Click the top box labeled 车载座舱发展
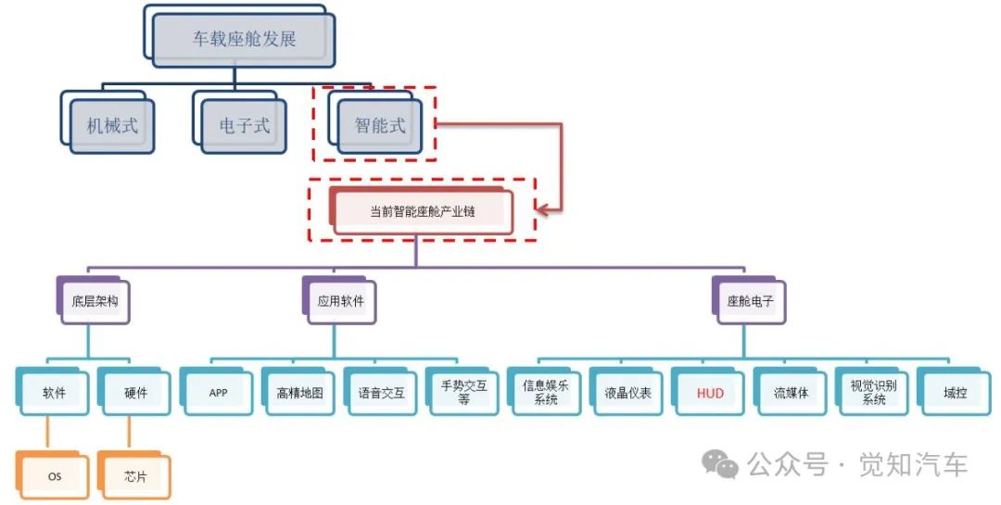(244, 40)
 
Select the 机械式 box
(112, 125)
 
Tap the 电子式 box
(245, 125)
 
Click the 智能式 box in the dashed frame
(380, 125)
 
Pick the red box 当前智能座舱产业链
(422, 211)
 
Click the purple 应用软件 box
(341, 301)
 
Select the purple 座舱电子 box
(750, 301)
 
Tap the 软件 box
(54, 392)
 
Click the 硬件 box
(135, 392)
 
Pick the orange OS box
(55, 477)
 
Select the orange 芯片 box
(135, 477)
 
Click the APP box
(218, 392)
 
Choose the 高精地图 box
(299, 392)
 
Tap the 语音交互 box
(381, 392)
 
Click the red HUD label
(709, 392)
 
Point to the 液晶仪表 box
(627, 392)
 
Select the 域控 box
(955, 392)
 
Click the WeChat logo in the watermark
(720, 463)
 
